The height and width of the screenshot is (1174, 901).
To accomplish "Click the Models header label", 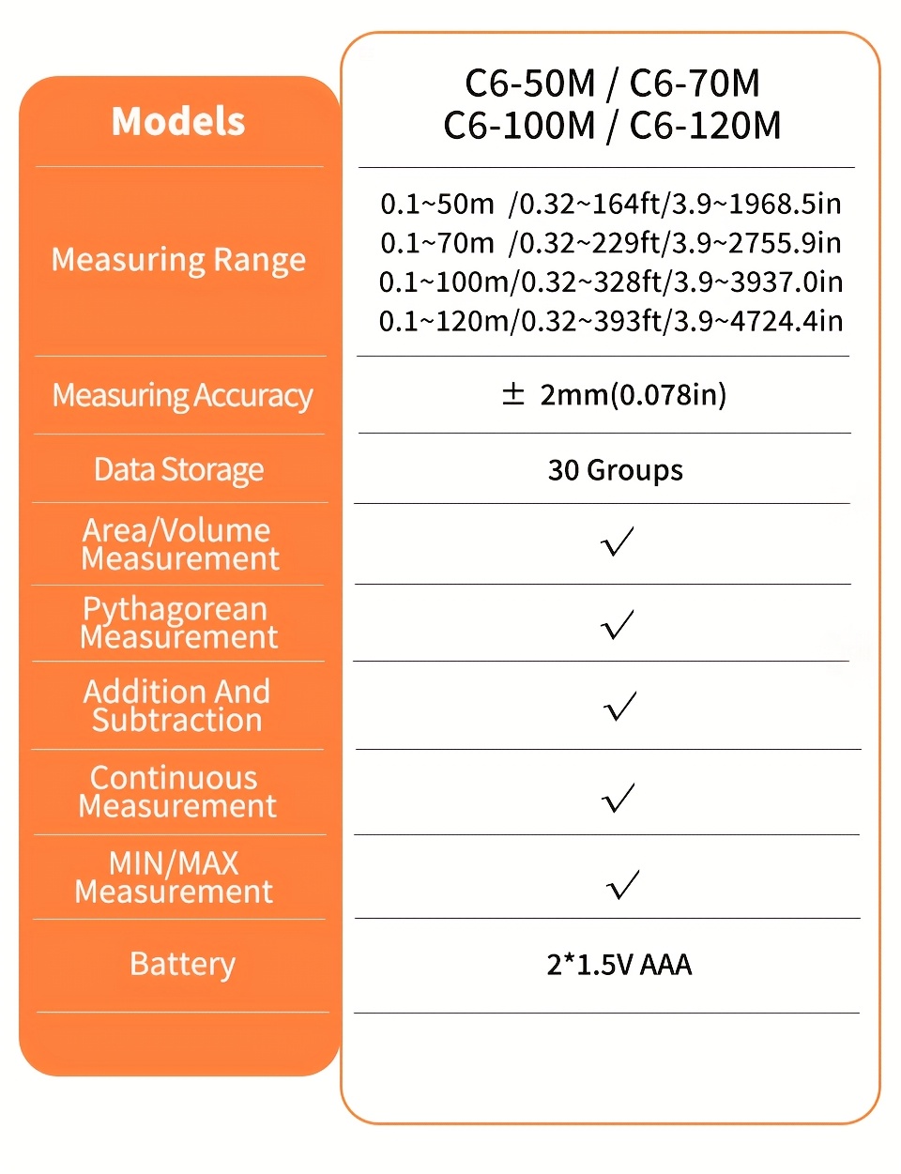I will click(x=178, y=121).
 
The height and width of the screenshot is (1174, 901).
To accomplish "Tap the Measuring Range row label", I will click(x=178, y=260).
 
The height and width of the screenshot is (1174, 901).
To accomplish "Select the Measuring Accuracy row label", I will click(x=182, y=396).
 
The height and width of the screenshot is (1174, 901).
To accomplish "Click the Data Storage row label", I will click(x=178, y=469).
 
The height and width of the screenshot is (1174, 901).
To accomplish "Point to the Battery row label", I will click(x=182, y=964).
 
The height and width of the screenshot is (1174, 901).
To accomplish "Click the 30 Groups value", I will click(x=615, y=469).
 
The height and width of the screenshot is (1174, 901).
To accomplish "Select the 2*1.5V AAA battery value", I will click(x=618, y=964).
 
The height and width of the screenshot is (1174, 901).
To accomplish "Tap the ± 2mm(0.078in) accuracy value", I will click(x=614, y=394).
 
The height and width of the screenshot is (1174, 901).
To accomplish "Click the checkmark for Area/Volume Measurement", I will click(x=618, y=541).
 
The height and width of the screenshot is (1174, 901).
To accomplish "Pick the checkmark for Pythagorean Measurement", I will click(x=618, y=624).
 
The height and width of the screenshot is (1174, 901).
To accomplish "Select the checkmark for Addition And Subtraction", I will click(x=619, y=706).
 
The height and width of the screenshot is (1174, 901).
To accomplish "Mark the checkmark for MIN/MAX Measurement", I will click(x=622, y=884).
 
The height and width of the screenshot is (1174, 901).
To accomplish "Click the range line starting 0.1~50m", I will click(x=610, y=204).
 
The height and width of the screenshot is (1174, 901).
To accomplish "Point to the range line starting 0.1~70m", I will click(x=610, y=243).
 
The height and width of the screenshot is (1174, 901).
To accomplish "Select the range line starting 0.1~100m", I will click(x=610, y=282).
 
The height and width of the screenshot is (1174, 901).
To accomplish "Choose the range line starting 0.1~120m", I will click(x=610, y=321).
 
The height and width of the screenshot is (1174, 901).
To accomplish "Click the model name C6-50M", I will click(x=530, y=84).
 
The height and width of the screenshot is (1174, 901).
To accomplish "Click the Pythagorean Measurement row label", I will click(x=178, y=623).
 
